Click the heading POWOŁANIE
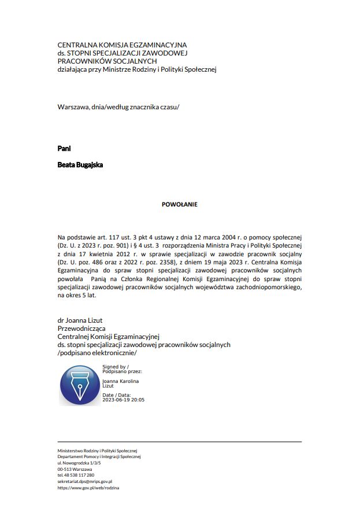(x=179, y=204)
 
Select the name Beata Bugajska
(x=80, y=164)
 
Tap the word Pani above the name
(x=64, y=149)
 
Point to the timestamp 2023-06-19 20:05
(x=123, y=400)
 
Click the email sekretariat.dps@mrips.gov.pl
(x=85, y=481)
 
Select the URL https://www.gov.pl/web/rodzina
(x=88, y=488)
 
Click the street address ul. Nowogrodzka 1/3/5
(x=79, y=463)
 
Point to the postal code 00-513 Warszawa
(x=75, y=469)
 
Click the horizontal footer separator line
(x=179, y=442)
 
